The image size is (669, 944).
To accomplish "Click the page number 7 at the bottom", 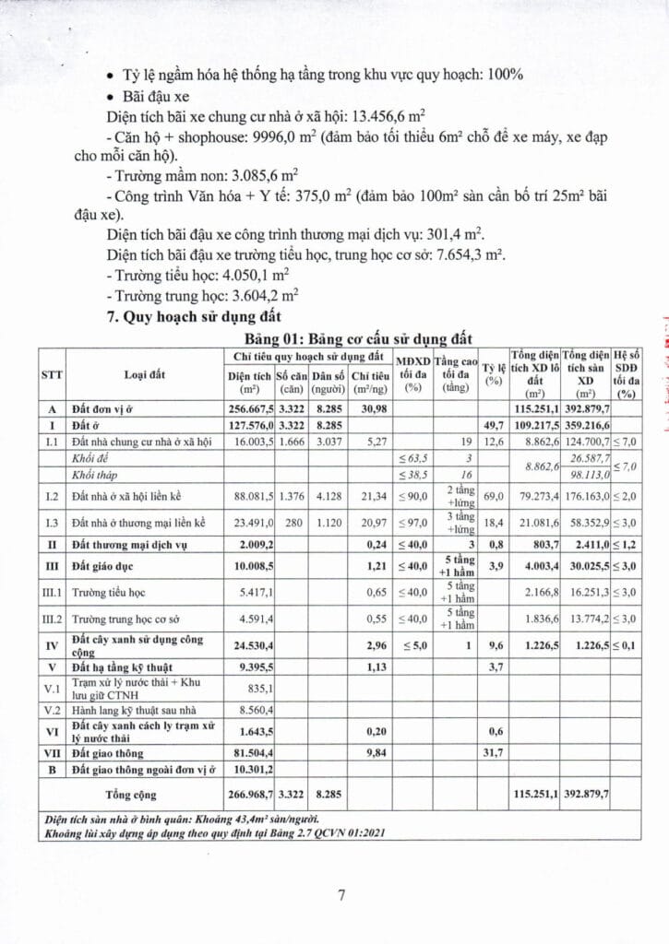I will coord(340,894).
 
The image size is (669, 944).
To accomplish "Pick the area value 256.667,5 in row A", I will coord(249,408).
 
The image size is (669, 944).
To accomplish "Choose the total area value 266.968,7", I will coord(249,793).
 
